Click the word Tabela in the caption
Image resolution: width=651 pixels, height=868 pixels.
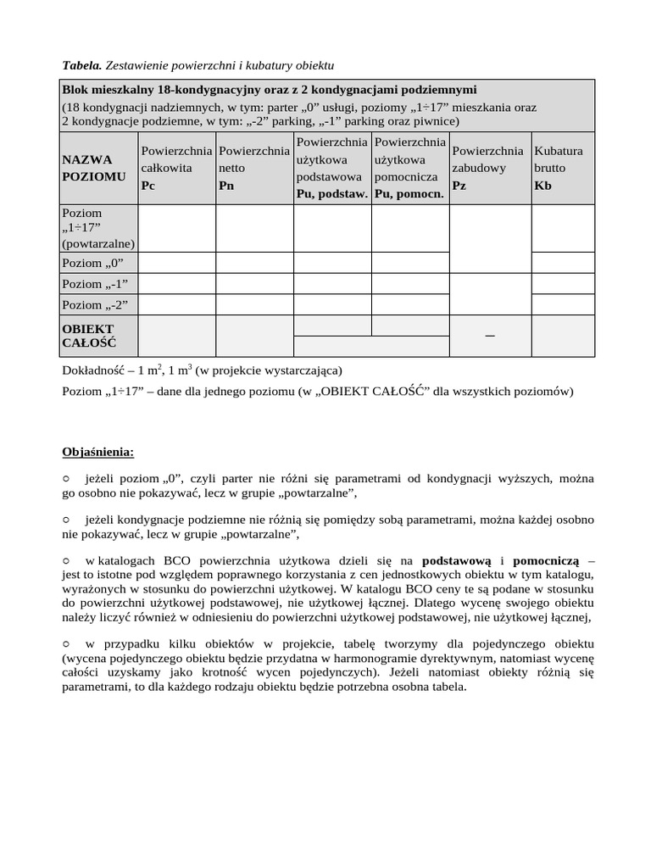pos(81,64)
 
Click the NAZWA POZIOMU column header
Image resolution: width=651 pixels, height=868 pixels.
pos(94,168)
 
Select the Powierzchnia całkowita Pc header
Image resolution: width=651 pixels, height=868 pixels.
pos(176,168)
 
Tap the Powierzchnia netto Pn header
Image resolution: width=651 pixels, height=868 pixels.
pos(254,168)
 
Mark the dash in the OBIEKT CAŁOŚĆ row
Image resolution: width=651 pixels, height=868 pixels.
pos(489,337)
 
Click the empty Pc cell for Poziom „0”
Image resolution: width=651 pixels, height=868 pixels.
pos(176,263)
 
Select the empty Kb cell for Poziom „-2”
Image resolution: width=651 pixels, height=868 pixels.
pos(563,304)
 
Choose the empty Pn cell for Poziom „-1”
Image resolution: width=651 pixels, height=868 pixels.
pos(254,283)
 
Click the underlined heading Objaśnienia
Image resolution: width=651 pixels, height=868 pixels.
pos(97,450)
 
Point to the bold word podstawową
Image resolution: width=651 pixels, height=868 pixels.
pos(457,561)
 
